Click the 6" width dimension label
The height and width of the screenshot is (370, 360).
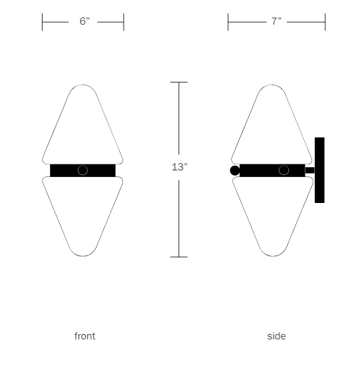point(84,22)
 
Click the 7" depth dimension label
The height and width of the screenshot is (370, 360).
point(276,22)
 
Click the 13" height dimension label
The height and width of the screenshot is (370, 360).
point(179,167)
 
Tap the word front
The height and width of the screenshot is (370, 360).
point(85,336)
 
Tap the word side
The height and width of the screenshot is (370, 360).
point(276,336)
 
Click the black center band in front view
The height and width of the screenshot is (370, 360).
point(63,170)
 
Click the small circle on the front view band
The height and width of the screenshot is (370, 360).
point(83,170)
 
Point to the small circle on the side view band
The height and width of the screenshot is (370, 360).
point(283,170)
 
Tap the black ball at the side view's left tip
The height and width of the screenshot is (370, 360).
point(234,170)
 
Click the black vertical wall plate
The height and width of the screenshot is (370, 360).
point(319,170)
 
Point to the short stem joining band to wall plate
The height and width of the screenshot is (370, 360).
point(309,170)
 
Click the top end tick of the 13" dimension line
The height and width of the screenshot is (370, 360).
point(179,82)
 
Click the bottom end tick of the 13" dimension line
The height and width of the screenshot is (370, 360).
point(179,256)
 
